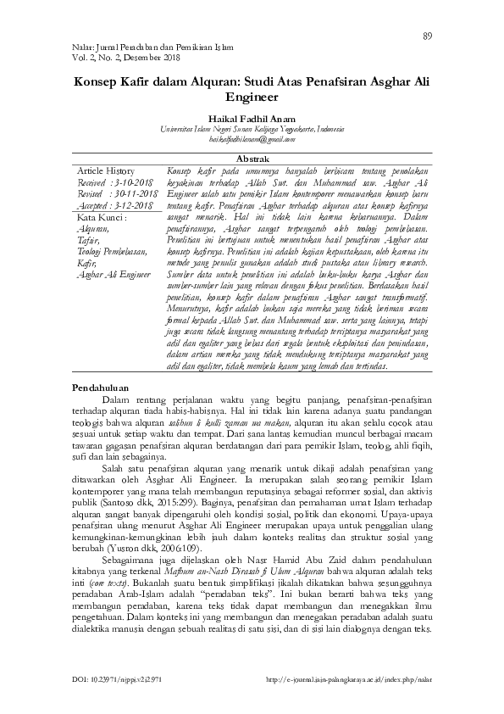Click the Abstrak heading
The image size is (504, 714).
252,159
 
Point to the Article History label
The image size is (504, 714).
105,170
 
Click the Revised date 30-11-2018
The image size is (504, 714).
136,194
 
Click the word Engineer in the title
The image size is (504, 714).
252,98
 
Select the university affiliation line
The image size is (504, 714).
251,131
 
